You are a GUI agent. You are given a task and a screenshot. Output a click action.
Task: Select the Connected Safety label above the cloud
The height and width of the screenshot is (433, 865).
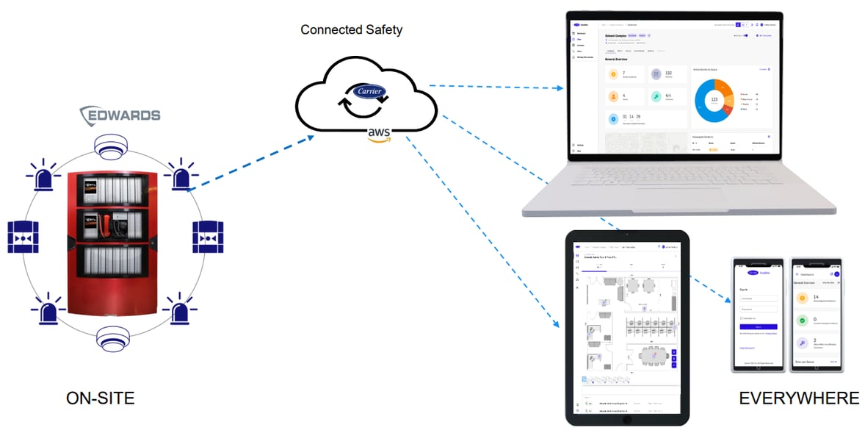tap(352, 30)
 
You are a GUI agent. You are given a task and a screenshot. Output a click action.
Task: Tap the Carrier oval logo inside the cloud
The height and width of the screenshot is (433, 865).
tap(370, 92)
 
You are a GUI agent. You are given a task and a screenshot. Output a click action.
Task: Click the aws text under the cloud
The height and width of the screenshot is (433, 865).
tap(380, 132)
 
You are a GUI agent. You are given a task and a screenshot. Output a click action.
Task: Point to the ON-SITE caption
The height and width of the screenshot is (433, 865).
tap(101, 398)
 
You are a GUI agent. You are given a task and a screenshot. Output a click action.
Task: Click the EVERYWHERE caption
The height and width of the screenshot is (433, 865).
tap(799, 398)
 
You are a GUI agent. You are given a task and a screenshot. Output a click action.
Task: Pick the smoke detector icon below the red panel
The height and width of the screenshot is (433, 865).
tap(111, 340)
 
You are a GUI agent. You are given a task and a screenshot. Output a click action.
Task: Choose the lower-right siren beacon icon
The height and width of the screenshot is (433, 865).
tap(178, 309)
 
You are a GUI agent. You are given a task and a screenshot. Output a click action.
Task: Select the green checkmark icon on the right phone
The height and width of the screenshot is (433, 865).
tap(803, 321)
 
